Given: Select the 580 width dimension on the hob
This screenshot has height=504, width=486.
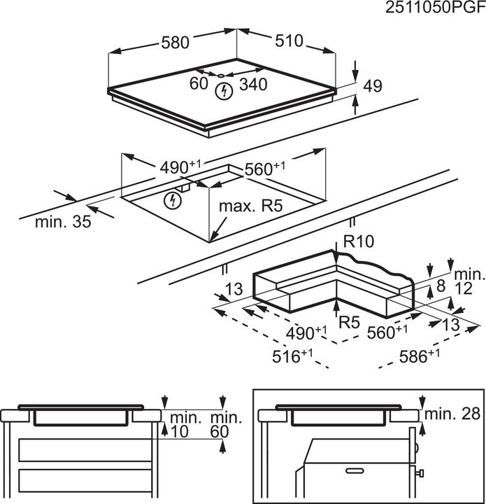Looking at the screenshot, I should click(175, 43).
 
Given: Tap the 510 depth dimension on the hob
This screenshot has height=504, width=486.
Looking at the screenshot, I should click(289, 41).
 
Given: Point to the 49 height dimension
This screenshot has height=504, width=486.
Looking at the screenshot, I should click(373, 87).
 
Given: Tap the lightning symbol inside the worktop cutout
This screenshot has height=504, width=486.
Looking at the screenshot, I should click(171, 201).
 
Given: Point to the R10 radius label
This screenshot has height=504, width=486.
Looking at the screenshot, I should click(359, 242).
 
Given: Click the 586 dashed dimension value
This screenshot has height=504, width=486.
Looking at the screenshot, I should click(419, 356).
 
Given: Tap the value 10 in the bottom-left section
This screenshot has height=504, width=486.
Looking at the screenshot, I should click(180, 433).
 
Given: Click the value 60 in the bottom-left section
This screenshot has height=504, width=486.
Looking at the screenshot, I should click(220, 433).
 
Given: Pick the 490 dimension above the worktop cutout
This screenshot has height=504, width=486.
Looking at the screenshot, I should click(179, 168).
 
